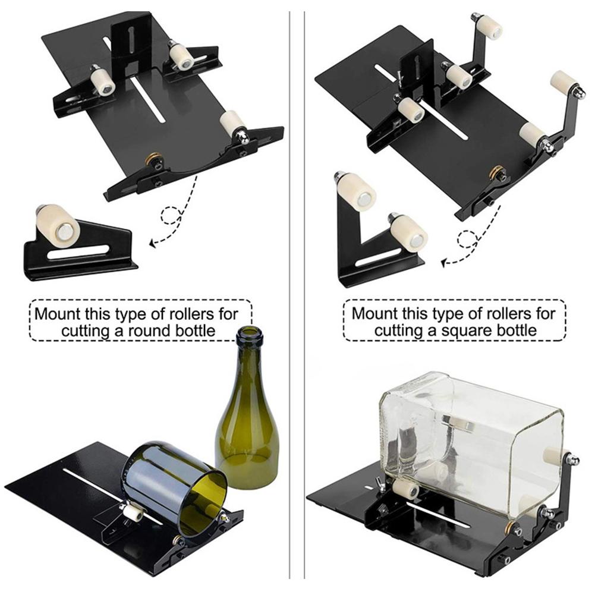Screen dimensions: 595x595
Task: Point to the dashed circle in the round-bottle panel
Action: [x=171, y=215]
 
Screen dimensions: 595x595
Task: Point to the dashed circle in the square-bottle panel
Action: [x=468, y=240]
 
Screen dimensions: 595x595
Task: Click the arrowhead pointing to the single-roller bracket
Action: [x=152, y=243]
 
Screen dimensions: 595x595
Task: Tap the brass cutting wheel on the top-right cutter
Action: [x=495, y=172]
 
